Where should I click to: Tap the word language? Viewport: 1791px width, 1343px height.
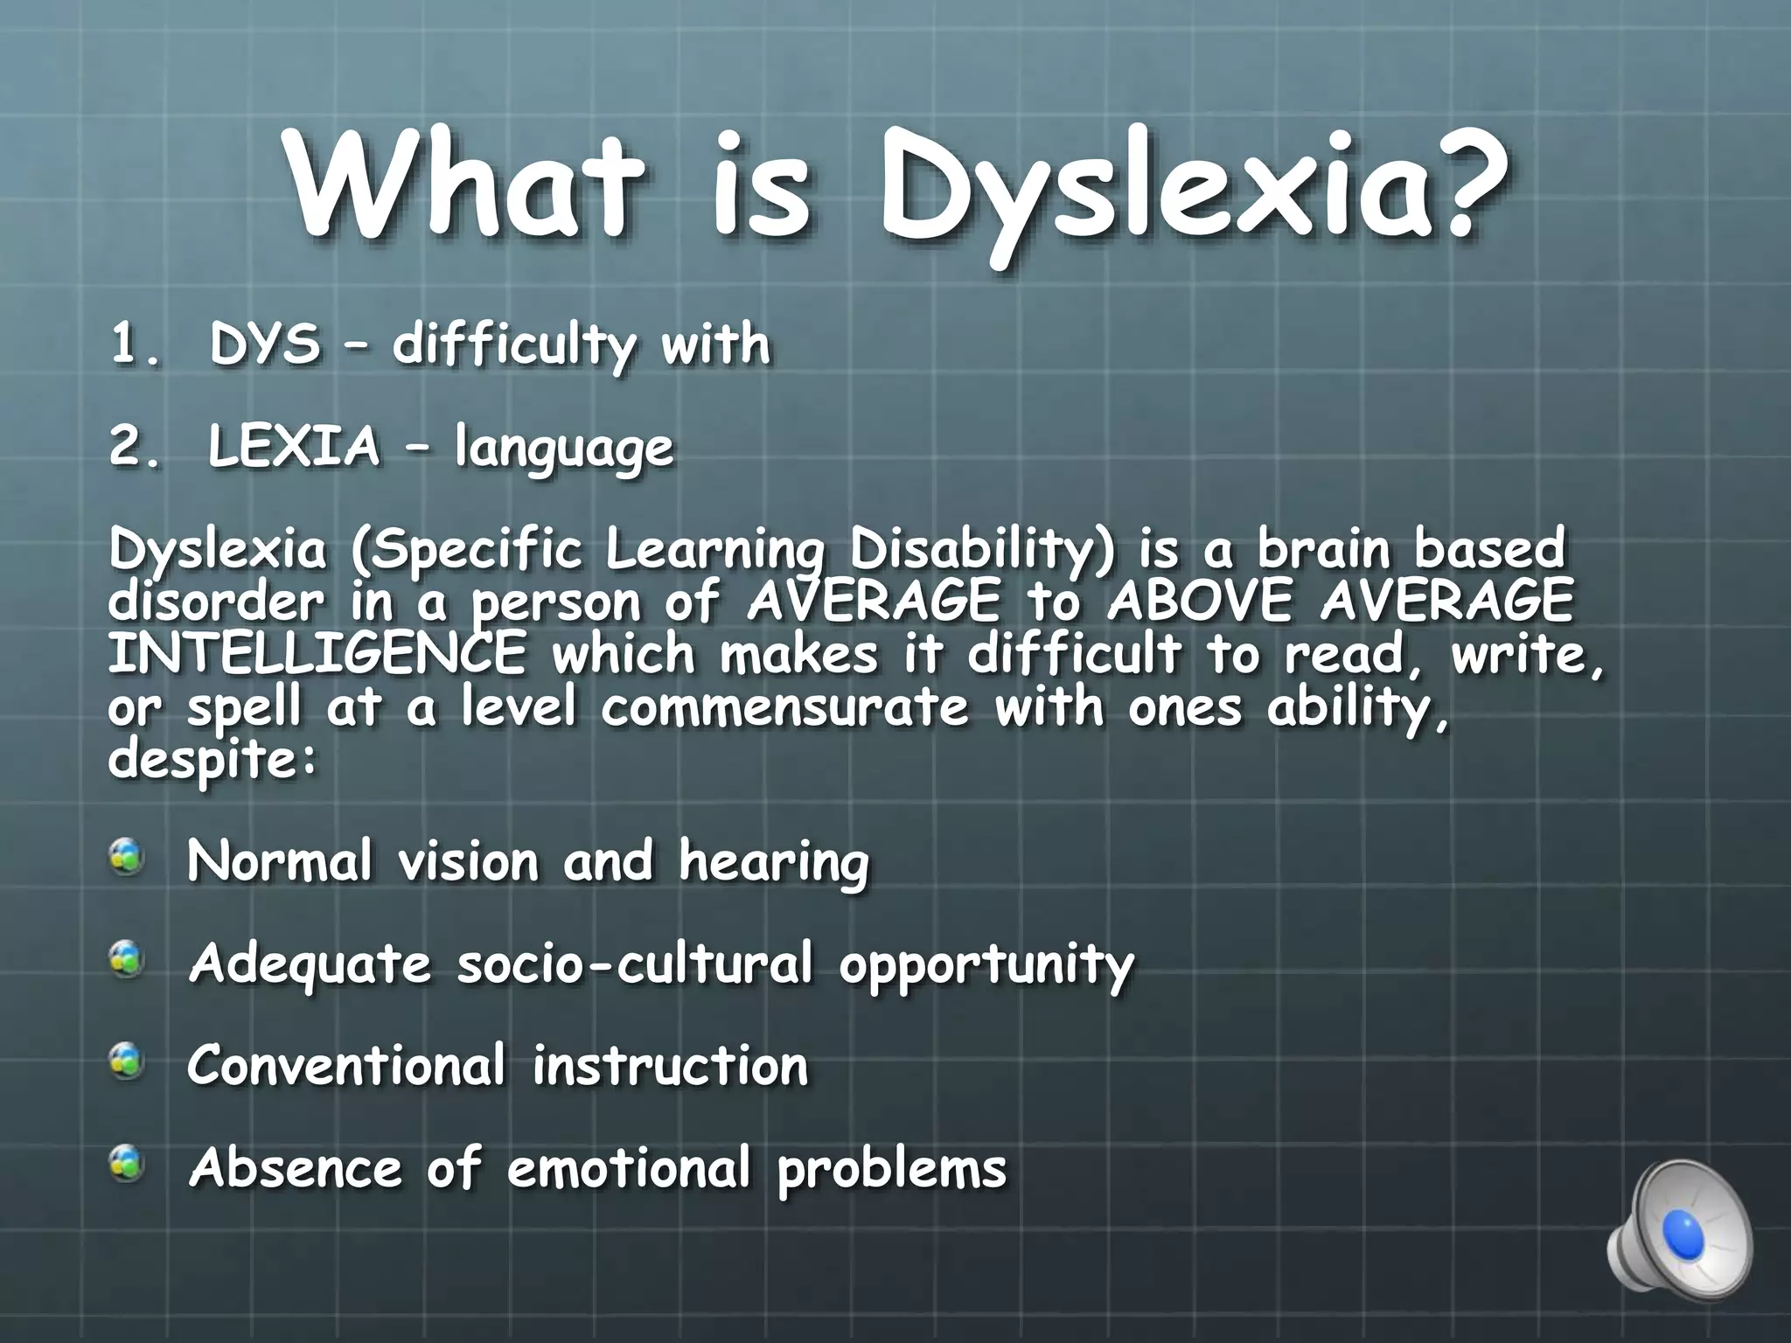coord(564,449)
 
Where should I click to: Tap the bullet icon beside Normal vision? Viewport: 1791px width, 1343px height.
coord(128,857)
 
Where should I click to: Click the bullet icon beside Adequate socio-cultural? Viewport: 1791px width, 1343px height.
coord(128,960)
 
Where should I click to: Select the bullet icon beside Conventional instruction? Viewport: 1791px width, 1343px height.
coord(128,1062)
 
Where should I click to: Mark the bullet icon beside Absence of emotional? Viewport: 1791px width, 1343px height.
coord(128,1165)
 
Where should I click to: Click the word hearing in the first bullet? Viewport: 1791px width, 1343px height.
coord(774,864)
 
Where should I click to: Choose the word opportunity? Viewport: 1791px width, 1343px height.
coord(986,966)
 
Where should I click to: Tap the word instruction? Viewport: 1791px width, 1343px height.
coord(671,1066)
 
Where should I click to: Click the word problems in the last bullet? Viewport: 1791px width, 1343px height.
coord(892,1170)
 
